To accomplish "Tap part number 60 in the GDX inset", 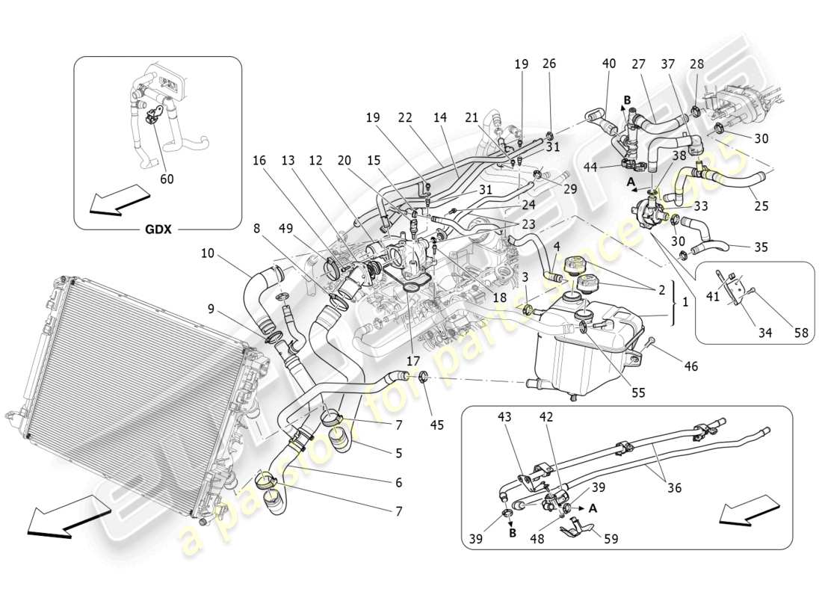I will pos(166,179).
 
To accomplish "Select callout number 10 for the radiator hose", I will pos(207,254).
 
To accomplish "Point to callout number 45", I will pos(437,425).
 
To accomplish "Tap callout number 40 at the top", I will pos(609,64).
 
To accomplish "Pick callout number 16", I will pos(259,161).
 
